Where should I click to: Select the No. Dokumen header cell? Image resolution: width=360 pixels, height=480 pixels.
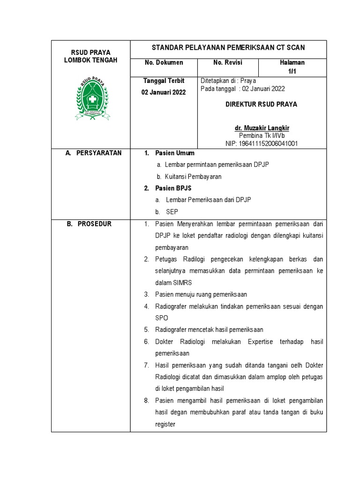[x=164, y=63]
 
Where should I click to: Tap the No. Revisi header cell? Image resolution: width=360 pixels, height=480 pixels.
[x=228, y=63]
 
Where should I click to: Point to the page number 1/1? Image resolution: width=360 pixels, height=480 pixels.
[x=292, y=71]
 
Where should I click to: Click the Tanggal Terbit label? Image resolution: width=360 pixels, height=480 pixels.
[x=164, y=81]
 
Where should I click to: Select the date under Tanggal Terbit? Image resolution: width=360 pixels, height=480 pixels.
[x=164, y=92]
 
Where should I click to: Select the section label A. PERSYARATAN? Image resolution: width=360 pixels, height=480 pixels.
[x=94, y=153]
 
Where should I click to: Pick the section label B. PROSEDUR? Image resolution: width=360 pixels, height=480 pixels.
[x=89, y=224]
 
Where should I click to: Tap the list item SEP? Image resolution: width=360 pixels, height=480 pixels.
[x=172, y=212]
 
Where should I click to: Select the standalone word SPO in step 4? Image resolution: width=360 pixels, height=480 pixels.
[x=162, y=318]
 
